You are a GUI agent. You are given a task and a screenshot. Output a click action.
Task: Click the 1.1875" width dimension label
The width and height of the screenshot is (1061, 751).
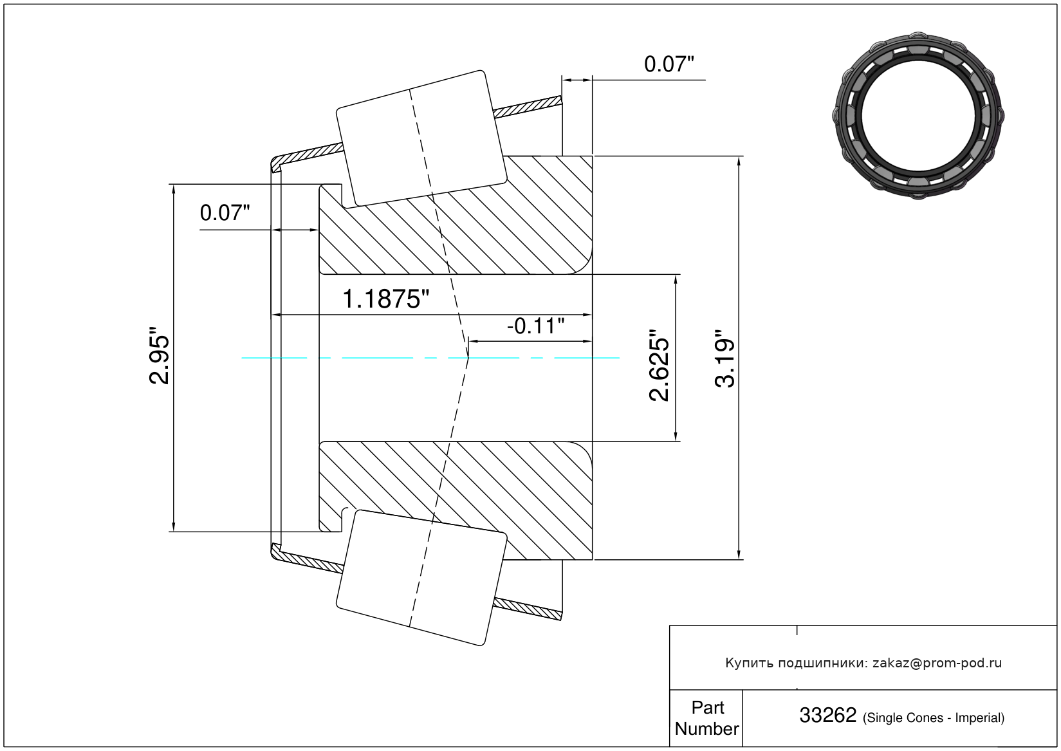pos(385,299)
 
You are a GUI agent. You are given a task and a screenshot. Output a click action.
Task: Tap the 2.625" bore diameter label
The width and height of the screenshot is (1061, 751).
pos(660,365)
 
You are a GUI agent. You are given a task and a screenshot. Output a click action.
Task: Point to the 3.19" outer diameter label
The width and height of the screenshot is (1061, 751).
pos(724,358)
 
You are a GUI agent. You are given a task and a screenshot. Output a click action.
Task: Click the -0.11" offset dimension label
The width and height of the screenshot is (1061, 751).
pos(536,326)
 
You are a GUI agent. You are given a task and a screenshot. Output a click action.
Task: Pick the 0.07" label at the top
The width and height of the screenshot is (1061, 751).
pos(669,64)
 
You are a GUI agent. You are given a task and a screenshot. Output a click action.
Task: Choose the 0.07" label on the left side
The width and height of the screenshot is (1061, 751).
pos(225,213)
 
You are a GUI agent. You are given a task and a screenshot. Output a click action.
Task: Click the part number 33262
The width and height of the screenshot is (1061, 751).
pos(828,715)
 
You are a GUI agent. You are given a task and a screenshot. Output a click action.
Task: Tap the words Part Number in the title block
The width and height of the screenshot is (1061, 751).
pos(706,718)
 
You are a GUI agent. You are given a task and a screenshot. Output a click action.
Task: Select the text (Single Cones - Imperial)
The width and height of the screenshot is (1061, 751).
pos(934,718)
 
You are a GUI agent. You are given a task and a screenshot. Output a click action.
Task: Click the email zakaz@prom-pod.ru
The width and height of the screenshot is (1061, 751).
pos(937,663)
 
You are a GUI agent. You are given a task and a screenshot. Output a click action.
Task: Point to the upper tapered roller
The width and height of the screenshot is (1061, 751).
pos(421,139)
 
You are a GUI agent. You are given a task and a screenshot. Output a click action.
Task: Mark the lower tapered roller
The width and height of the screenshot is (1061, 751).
pos(421,578)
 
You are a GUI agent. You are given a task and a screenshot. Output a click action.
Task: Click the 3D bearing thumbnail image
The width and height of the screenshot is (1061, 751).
pos(918,116)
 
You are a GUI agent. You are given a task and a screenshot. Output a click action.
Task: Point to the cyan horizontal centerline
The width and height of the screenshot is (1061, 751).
pos(430,358)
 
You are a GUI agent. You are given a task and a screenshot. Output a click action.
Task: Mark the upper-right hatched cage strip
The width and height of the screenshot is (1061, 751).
pos(528,107)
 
